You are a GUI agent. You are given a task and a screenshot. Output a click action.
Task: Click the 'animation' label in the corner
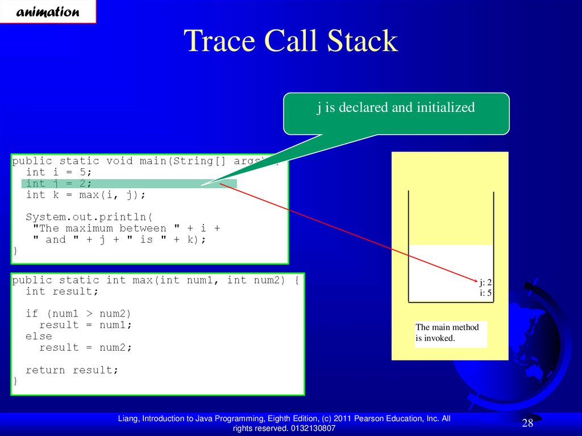(48, 12)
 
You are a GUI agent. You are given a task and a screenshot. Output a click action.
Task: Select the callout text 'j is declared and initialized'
(396, 107)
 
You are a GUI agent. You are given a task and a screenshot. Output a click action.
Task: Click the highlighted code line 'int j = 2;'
(59, 184)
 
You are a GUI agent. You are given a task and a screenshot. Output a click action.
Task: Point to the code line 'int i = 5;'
(59, 172)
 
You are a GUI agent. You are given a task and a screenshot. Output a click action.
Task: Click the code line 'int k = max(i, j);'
(86, 195)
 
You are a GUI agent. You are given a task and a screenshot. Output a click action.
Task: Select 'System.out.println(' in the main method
(89, 217)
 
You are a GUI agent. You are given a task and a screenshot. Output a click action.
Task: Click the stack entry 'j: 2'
(485, 283)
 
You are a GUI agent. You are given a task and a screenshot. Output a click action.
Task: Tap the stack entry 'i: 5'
(485, 293)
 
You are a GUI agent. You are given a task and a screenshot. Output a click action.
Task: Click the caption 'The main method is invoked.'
(447, 333)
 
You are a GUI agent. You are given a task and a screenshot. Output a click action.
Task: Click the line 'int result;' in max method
(62, 291)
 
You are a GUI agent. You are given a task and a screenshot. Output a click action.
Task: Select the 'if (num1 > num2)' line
(78, 314)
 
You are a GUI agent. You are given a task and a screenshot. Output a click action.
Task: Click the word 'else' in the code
(39, 336)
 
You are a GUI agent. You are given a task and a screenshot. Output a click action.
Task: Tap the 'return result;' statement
(72, 370)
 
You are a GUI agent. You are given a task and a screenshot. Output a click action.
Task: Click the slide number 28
(527, 422)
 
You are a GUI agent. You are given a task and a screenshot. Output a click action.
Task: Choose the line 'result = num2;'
(85, 348)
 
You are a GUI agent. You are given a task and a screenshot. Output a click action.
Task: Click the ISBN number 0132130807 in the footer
(313, 428)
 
